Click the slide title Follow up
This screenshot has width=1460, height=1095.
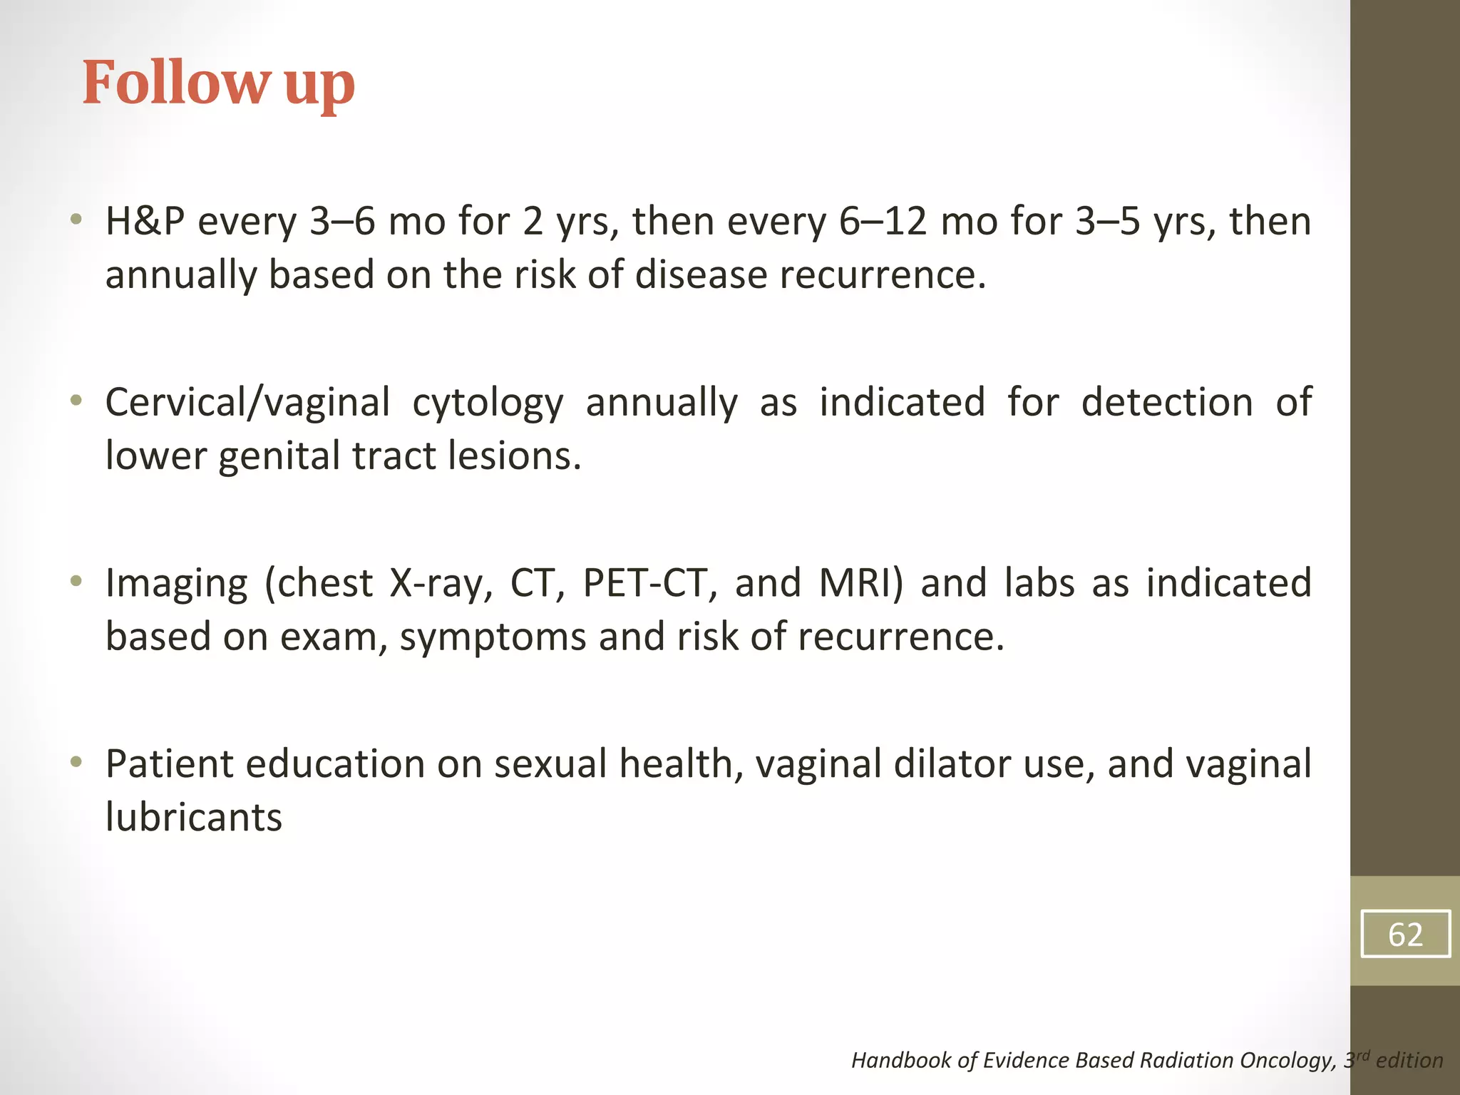[x=218, y=83]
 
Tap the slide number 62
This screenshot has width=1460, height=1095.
[x=1405, y=934]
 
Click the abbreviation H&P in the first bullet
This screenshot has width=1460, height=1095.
[x=145, y=221]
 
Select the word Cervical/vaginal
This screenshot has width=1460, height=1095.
[x=247, y=403]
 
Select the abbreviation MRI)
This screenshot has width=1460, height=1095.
[x=861, y=583]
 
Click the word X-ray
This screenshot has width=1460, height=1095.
[x=440, y=583]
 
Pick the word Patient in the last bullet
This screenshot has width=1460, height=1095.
[x=170, y=764]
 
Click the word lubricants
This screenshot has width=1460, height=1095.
[x=193, y=817]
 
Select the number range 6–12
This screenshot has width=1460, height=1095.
[x=883, y=221]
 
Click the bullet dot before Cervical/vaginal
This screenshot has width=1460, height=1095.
[x=76, y=401]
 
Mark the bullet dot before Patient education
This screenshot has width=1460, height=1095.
[x=76, y=763]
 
